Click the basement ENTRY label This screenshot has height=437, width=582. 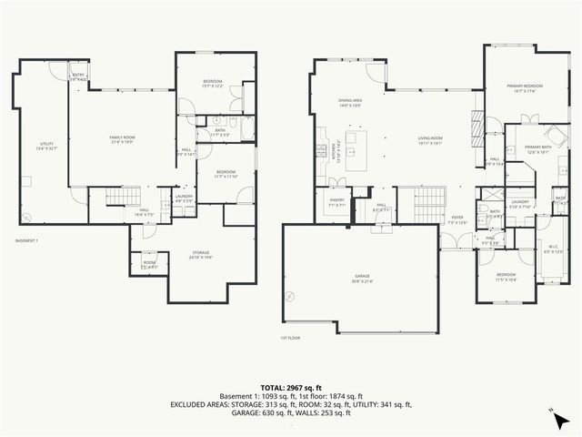point(79,77)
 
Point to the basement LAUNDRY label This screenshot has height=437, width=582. point(184,198)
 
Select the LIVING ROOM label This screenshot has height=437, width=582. point(429,140)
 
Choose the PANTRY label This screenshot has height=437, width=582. point(336,204)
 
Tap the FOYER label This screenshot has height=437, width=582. point(457,219)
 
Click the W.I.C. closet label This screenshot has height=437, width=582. point(554,248)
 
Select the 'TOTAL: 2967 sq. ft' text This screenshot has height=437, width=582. point(291,389)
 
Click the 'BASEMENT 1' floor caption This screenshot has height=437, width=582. point(27,240)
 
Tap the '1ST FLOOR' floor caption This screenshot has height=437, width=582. point(291,338)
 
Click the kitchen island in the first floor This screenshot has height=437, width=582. point(362,142)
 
